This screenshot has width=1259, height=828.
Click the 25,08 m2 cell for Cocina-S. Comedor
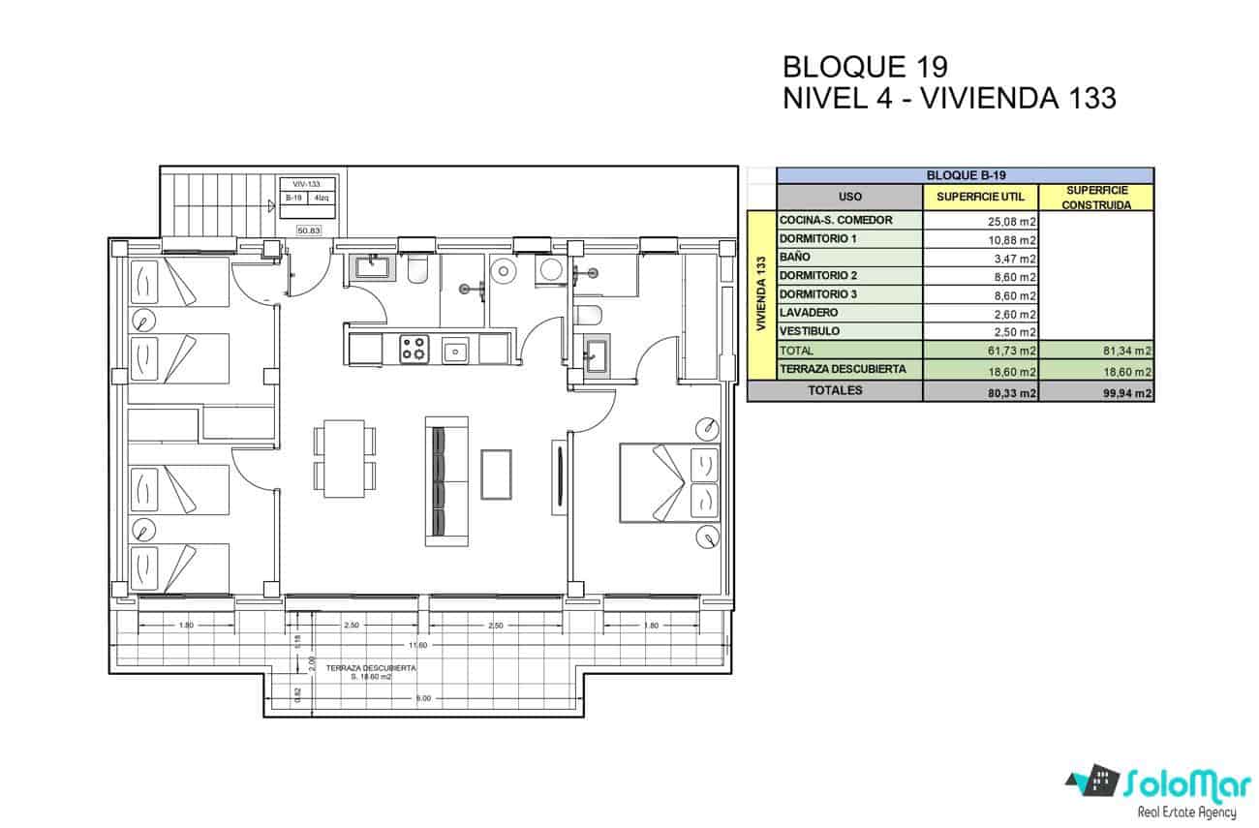(981, 221)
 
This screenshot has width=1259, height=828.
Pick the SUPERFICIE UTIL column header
(980, 197)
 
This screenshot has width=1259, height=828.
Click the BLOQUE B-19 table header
(965, 175)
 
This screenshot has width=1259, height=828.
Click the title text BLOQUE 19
(864, 67)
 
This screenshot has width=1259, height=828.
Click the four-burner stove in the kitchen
(415, 349)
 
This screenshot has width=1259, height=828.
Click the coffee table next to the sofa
(497, 475)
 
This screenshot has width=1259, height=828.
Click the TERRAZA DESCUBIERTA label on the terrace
(371, 669)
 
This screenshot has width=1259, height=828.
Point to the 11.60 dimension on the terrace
(418, 646)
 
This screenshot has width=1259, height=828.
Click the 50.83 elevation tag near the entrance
(310, 230)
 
